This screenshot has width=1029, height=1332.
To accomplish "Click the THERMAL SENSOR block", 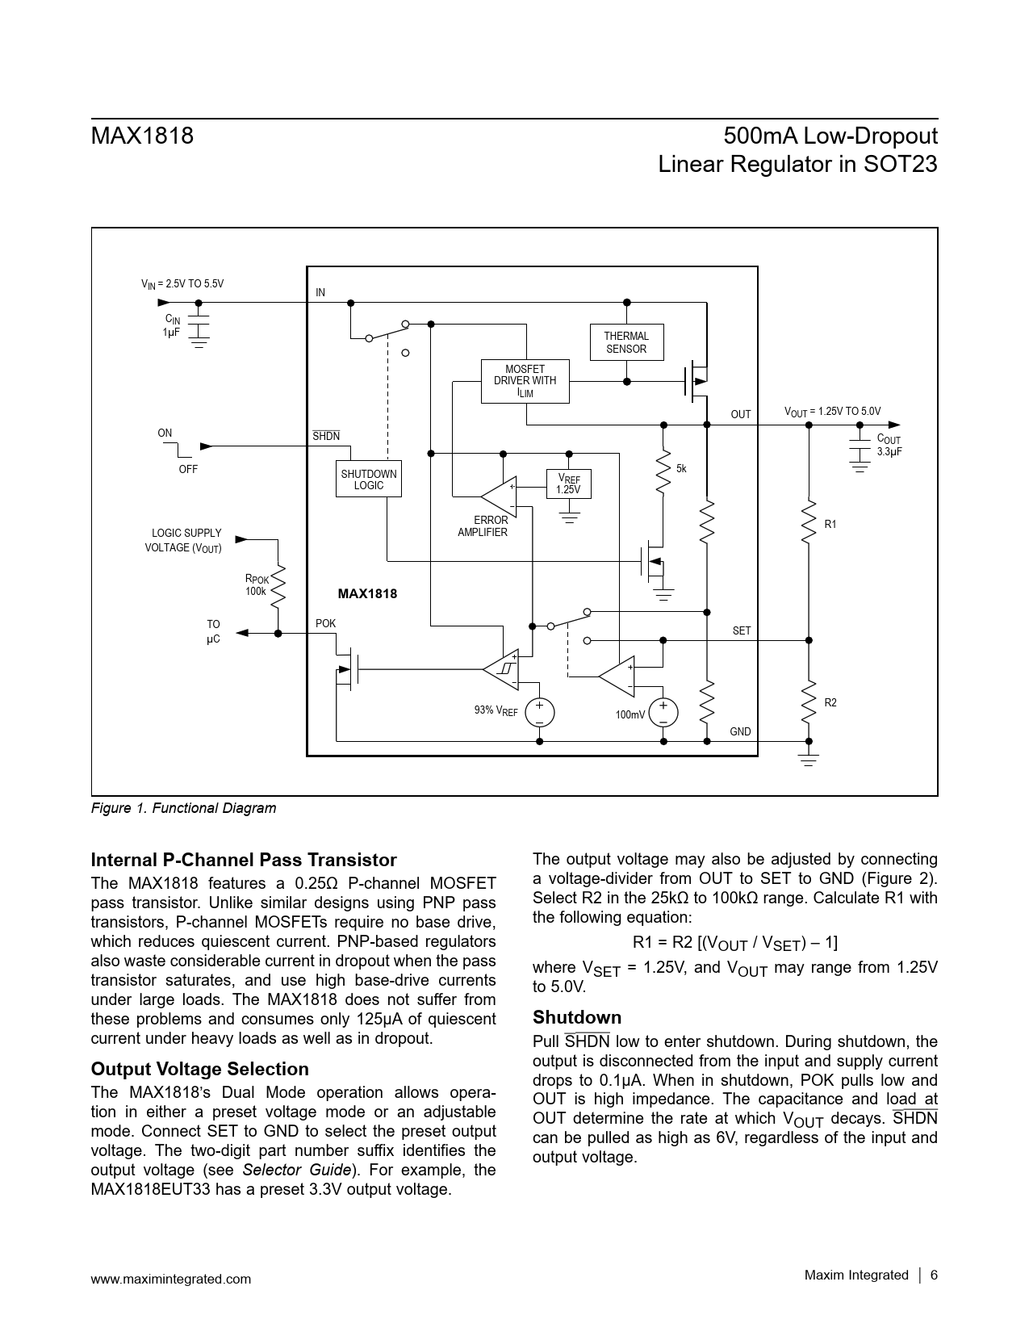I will (x=626, y=342).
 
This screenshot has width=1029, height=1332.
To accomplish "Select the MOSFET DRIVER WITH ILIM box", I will (x=525, y=381).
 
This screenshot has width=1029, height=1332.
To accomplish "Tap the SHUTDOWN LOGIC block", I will (x=368, y=480).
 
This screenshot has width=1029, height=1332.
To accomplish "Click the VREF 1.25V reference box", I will (x=568, y=484).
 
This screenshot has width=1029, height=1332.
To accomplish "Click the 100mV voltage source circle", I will (x=663, y=713).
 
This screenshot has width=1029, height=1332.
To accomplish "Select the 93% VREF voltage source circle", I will (x=539, y=713).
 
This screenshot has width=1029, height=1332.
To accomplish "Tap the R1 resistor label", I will (x=830, y=525).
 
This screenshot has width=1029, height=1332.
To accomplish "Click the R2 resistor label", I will (x=830, y=703).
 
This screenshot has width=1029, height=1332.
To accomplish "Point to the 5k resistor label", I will (x=681, y=469).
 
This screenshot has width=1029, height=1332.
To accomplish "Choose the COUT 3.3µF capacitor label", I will (x=889, y=446).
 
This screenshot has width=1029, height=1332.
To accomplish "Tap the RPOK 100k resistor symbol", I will (x=278, y=587).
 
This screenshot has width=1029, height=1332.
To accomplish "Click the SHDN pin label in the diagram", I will (x=326, y=436).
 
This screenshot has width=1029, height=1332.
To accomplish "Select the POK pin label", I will (x=325, y=624).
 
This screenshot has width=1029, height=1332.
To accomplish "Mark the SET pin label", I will (x=741, y=630).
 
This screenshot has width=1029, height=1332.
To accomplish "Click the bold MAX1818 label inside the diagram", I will (x=367, y=594).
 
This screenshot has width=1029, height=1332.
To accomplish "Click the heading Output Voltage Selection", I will (x=199, y=1069).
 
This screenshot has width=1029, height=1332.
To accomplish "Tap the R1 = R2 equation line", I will (x=734, y=943).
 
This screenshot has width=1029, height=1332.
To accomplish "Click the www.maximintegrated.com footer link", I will (x=171, y=1279).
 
